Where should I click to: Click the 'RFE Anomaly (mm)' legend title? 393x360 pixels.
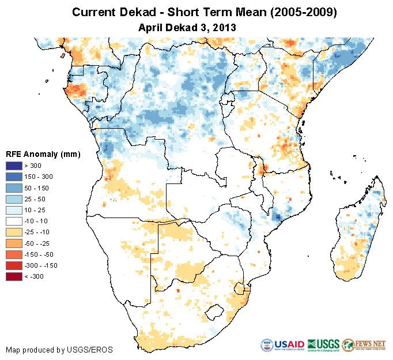click(x=43, y=154)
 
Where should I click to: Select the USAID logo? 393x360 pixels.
click(x=283, y=345)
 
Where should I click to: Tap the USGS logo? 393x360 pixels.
click(x=323, y=345)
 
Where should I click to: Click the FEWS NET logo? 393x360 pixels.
click(x=364, y=345)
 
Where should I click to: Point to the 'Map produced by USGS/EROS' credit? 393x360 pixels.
click(x=59, y=350)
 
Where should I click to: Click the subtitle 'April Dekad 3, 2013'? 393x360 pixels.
click(x=188, y=27)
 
